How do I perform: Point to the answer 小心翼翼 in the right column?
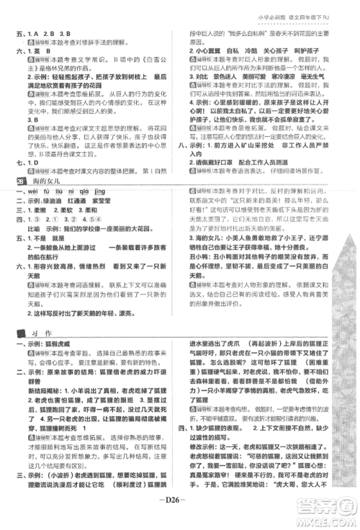coord(215,53)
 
